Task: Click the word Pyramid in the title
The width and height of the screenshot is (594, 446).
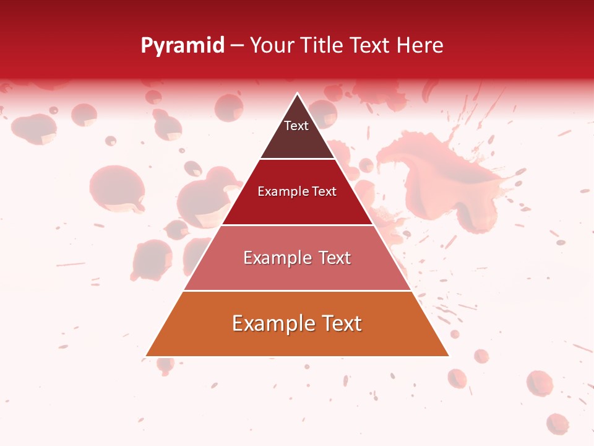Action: pyautogui.click(x=183, y=46)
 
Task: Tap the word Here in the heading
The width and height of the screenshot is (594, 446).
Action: pyautogui.click(x=420, y=46)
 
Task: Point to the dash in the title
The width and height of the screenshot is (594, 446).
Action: pyautogui.click(x=237, y=46)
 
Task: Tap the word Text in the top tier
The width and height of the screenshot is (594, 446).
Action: pyautogui.click(x=296, y=126)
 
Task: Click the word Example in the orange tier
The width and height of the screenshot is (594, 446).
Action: pyautogui.click(x=270, y=323)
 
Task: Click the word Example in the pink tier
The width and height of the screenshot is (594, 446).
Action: pyautogui.click(x=270, y=258)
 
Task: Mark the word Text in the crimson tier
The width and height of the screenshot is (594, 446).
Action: pyautogui.click(x=323, y=191)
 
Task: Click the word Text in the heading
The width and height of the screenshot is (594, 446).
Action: pyautogui.click(x=369, y=46)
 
